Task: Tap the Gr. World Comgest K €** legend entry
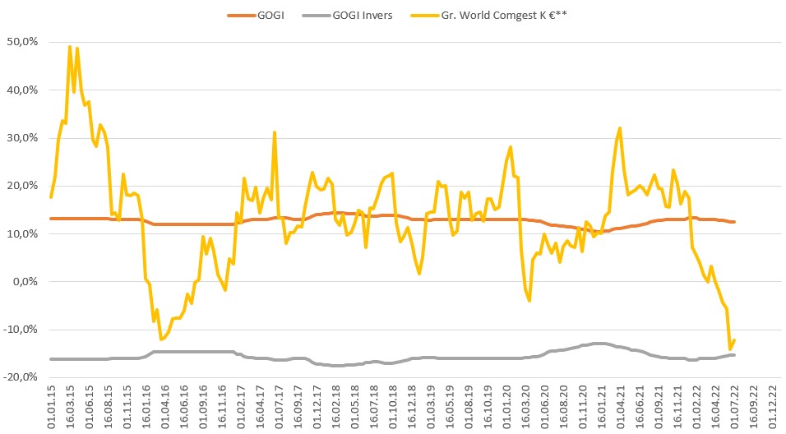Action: click(x=493, y=14)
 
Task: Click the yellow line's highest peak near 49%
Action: click(x=70, y=47)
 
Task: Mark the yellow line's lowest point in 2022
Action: click(x=729, y=349)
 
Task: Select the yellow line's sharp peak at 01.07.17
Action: click(x=275, y=132)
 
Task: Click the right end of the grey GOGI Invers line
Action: click(x=733, y=355)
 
